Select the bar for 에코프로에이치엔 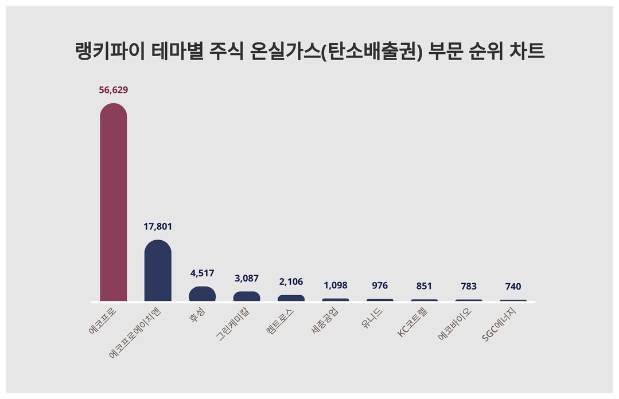click(158, 271)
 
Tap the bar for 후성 click(202, 294)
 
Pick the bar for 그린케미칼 click(247, 296)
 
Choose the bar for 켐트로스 click(291, 298)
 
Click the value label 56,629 click(113, 90)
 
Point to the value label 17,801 click(158, 226)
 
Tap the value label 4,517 click(202, 273)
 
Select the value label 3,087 click(247, 278)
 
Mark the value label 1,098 click(336, 285)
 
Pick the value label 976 click(380, 285)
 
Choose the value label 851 click(425, 286)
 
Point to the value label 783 click(469, 286)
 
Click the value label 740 click(513, 287)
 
